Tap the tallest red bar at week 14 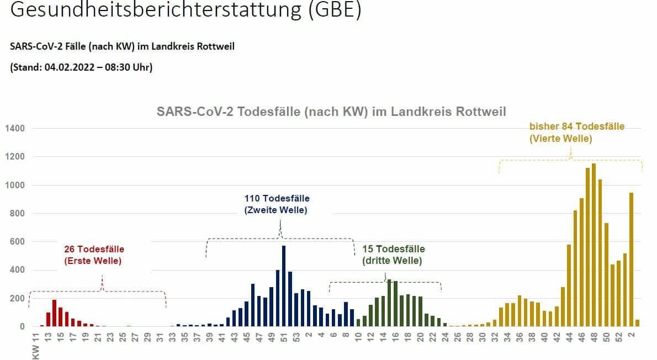pyautogui.click(x=54, y=313)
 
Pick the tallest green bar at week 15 pyautogui.click(x=389, y=303)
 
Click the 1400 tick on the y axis pyautogui.click(x=15, y=129)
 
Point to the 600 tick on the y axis pyautogui.click(x=17, y=242)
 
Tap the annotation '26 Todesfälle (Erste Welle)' pyautogui.click(x=94, y=255)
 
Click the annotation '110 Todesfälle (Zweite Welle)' pyautogui.click(x=277, y=204)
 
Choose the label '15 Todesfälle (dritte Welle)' pyautogui.click(x=393, y=255)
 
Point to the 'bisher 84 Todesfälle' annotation pyautogui.click(x=577, y=126)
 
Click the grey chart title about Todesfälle pyautogui.click(x=331, y=112)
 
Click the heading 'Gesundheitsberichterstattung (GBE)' pyautogui.click(x=186, y=10)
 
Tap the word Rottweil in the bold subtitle pyautogui.click(x=216, y=46)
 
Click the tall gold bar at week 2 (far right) pyautogui.click(x=631, y=260)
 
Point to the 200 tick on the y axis pyautogui.click(x=17, y=299)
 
